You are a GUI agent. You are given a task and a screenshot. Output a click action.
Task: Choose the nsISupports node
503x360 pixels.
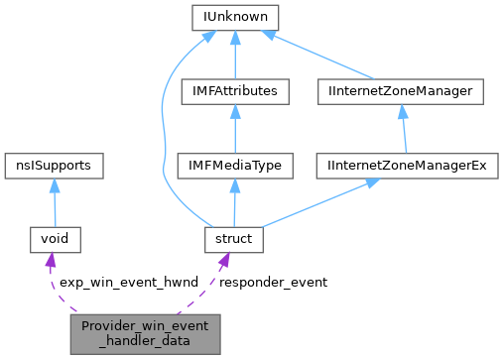tap(54, 165)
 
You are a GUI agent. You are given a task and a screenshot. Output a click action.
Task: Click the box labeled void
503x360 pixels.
tap(54, 238)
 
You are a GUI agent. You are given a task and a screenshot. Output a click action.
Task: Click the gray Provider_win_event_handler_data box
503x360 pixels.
tap(145, 332)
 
